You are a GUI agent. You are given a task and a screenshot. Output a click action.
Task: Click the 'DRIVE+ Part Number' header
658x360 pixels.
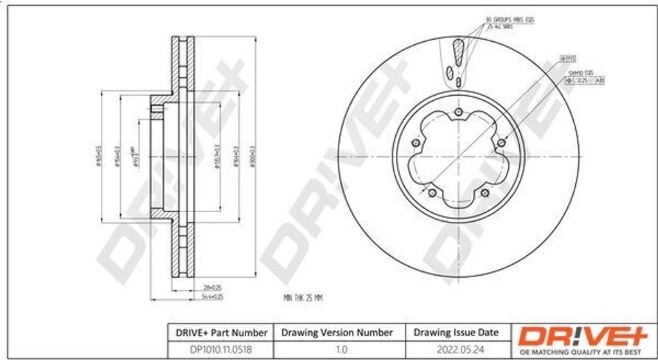coord(218,332)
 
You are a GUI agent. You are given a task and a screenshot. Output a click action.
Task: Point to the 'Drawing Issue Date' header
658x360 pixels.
coord(456,332)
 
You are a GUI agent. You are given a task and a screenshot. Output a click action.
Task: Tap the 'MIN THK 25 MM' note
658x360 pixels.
coord(302,298)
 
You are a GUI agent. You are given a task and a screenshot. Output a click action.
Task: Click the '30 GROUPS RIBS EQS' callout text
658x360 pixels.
coord(510,21)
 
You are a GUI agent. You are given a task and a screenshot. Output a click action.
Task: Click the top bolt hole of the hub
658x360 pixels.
coord(458,114)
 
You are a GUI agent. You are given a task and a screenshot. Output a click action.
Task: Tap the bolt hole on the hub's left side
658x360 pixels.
coord(415,143)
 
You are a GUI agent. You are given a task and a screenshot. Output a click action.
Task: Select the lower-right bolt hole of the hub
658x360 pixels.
coord(485,192)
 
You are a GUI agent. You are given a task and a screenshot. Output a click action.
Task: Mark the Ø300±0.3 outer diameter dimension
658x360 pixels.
coord(252,158)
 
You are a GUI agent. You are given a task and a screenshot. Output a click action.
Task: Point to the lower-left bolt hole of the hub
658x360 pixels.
coord(432,192)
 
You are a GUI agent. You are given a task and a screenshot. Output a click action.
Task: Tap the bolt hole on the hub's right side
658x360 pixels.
coord(501,143)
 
